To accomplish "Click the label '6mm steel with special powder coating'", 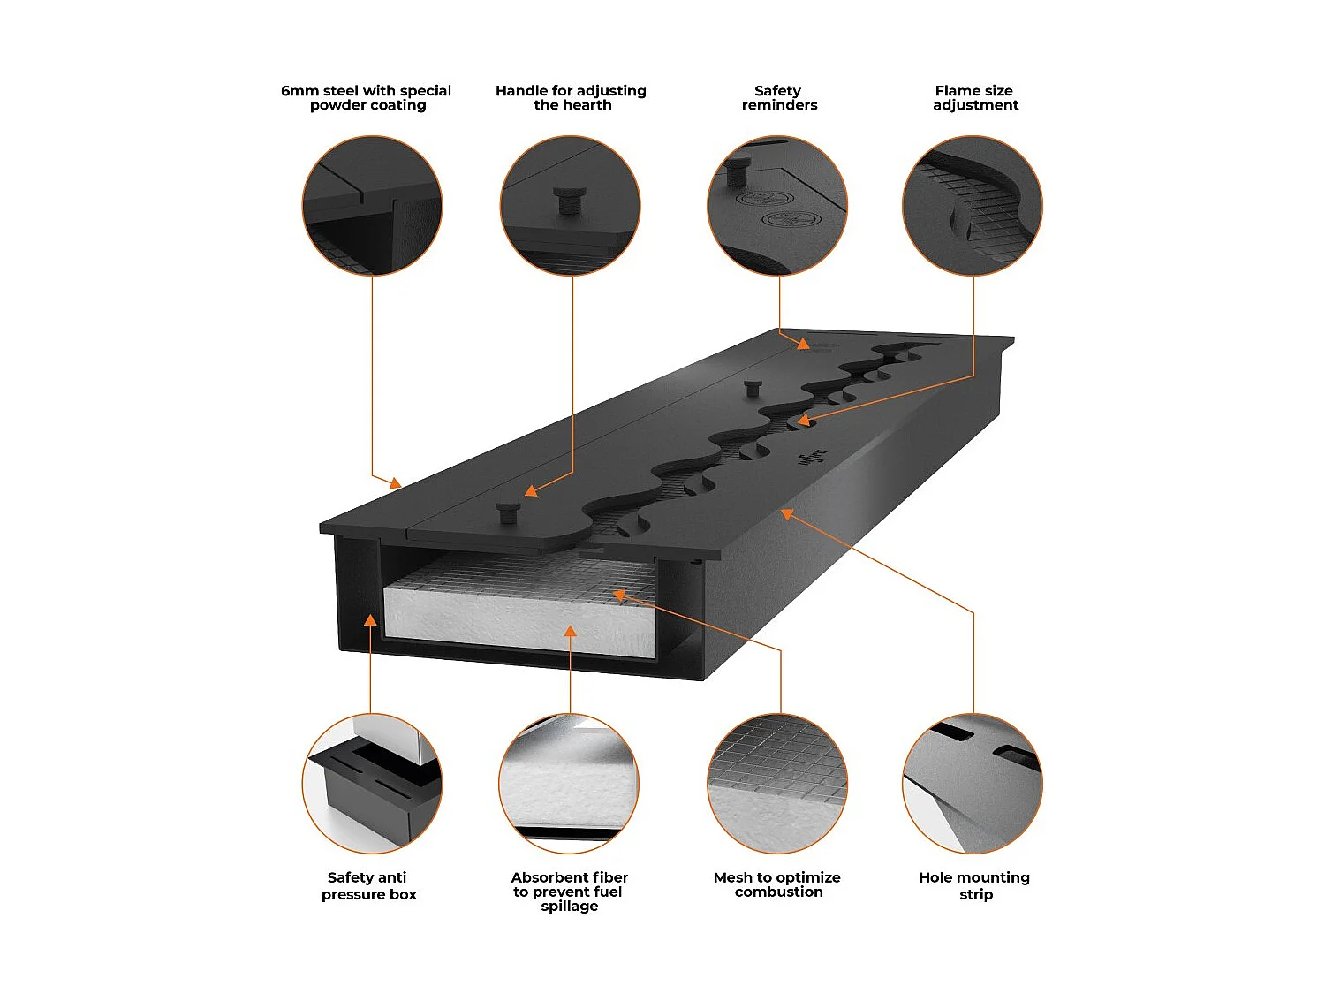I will click(x=367, y=98).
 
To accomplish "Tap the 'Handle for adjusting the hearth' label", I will click(x=572, y=98).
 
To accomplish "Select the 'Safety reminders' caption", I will click(x=778, y=98).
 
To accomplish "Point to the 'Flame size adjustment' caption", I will click(x=974, y=98).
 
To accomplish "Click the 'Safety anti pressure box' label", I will click(x=368, y=885).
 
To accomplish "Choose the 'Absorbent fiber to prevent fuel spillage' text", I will click(x=570, y=892).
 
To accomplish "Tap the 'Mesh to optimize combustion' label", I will click(x=777, y=884).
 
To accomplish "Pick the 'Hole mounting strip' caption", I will click(x=974, y=885).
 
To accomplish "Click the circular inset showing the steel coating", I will click(x=372, y=205).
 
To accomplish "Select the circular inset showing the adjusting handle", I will click(x=571, y=205).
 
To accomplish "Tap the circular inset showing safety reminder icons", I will click(x=777, y=205).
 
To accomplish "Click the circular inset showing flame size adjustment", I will click(x=973, y=205).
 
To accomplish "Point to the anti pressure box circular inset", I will click(x=372, y=784).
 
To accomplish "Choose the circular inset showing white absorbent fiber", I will click(x=570, y=784).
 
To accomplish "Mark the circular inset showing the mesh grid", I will click(x=777, y=784).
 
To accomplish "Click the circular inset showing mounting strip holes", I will click(x=973, y=784).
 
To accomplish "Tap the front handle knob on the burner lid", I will click(x=508, y=512).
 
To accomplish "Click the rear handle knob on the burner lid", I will click(x=753, y=388).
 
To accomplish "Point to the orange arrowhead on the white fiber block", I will click(x=571, y=631).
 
